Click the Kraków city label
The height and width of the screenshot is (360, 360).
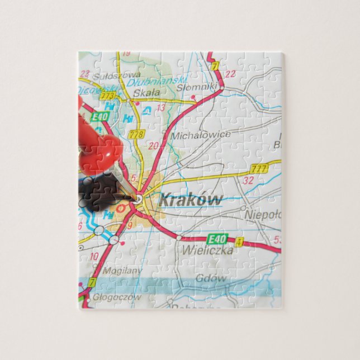[190, 200]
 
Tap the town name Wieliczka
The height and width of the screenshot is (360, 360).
[206, 250]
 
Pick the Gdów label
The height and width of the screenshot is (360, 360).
[211, 278]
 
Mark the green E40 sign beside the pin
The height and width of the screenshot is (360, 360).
[100, 116]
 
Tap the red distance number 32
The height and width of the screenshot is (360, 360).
[249, 181]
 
